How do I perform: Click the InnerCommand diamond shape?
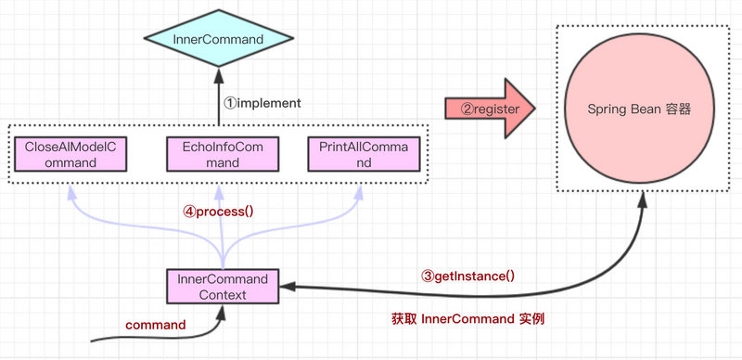click(219, 39)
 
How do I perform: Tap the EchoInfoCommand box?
click(215, 154)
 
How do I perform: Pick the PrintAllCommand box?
click(362, 154)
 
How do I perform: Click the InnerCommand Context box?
click(222, 286)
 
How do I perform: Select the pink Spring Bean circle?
click(640, 109)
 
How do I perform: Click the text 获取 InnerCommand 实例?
click(468, 318)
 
